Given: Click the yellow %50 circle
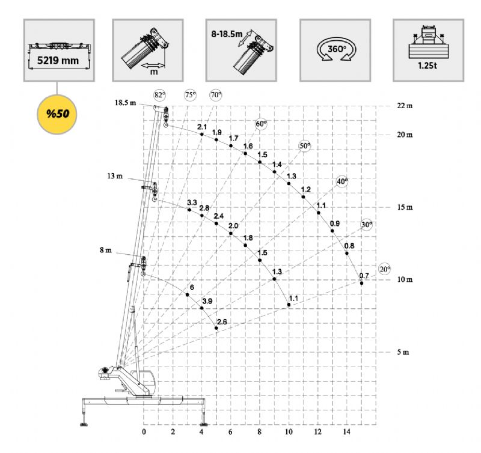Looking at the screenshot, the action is pos(57,114).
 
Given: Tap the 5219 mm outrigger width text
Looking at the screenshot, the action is pos(58,60).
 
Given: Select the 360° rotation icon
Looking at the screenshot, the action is pos(337,50).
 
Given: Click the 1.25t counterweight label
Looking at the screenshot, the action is pos(427,65).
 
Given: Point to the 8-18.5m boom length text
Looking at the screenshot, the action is pos(227,34).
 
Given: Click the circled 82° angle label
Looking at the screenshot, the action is pos(159,95).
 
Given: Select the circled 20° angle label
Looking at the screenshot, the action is pos(384,269).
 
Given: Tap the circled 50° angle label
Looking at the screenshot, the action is pos(305,146).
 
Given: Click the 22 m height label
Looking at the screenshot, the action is pos(405,106).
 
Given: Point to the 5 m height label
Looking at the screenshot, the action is pos(403,352).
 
